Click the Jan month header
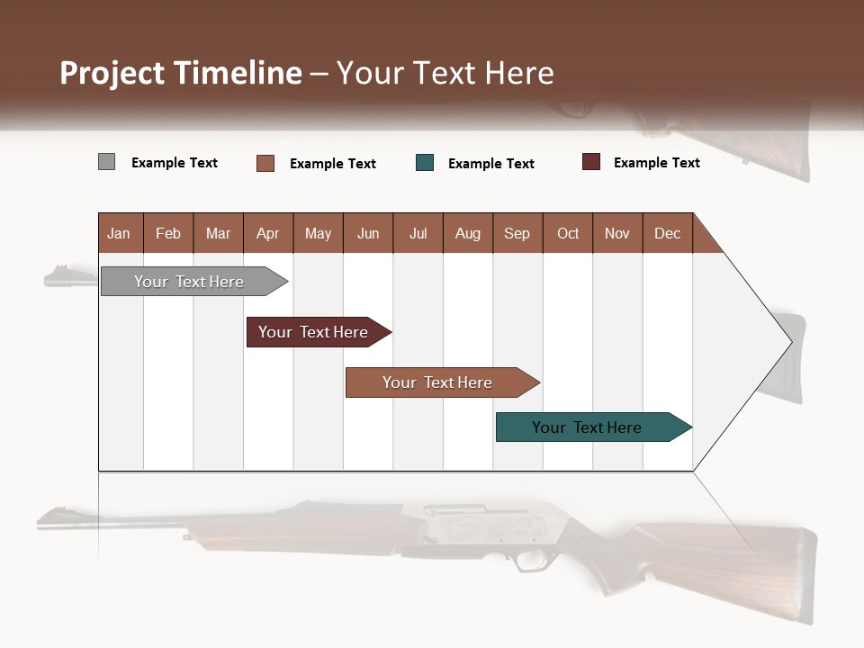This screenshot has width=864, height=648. [x=120, y=233]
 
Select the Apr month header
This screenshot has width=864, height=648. [x=268, y=233]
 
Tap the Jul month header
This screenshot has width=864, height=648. [x=418, y=233]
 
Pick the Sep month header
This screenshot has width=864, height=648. [x=517, y=233]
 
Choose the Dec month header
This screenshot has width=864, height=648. [x=667, y=233]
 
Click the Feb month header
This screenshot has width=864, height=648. [x=168, y=233]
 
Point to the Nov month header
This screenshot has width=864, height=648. [x=617, y=233]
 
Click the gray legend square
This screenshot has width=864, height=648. [x=106, y=162]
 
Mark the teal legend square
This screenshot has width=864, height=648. [x=425, y=163]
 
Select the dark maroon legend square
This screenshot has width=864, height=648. [x=591, y=162]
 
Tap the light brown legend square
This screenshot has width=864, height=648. [x=265, y=163]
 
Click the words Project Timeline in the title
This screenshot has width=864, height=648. [x=180, y=73]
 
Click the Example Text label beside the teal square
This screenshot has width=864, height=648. [x=490, y=164]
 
